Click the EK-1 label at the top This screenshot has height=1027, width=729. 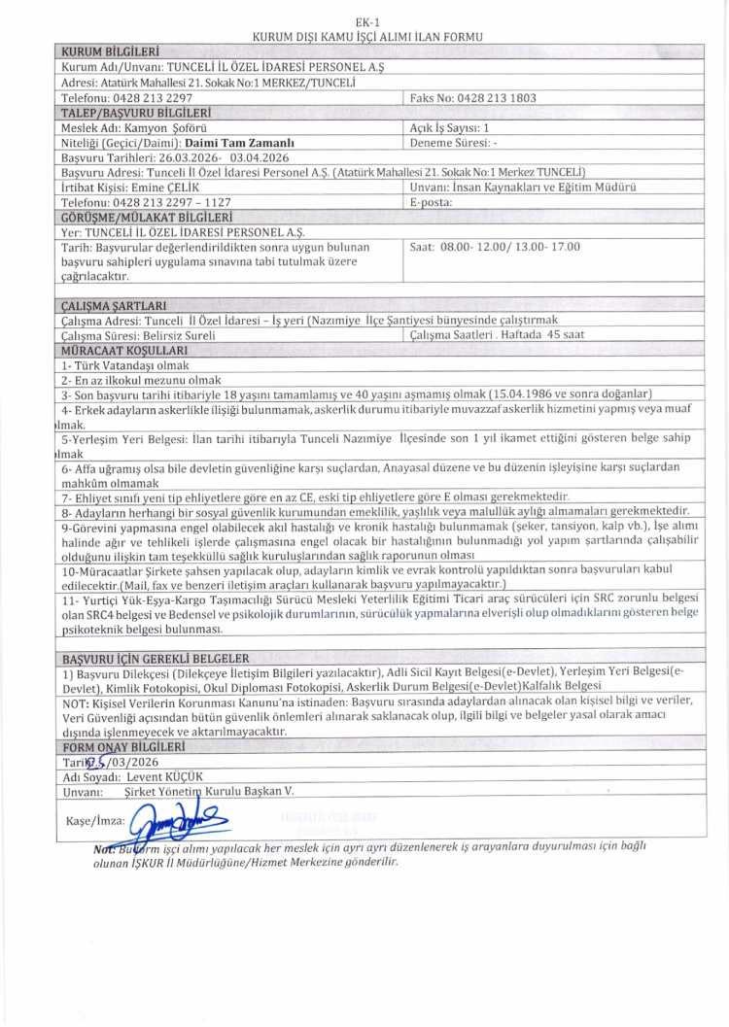click(x=366, y=20)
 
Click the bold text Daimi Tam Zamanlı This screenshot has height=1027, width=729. click(x=239, y=142)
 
